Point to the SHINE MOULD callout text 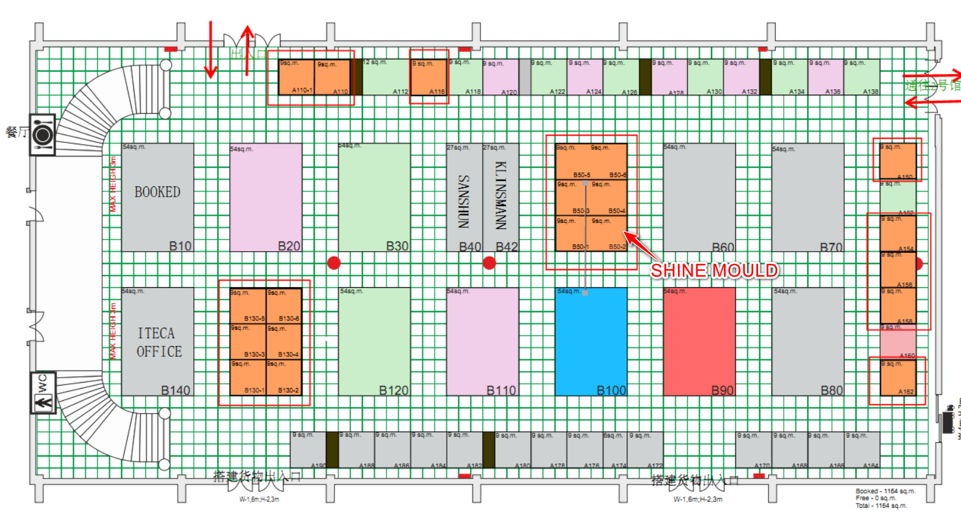click(x=714, y=270)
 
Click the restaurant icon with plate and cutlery click(x=42, y=134)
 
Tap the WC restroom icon click(x=43, y=393)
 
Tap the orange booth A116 click(x=429, y=77)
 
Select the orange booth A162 click(x=897, y=377)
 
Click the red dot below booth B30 click(x=334, y=263)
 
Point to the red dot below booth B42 click(x=489, y=263)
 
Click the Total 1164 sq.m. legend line click(x=881, y=505)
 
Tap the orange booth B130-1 click(x=248, y=377)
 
